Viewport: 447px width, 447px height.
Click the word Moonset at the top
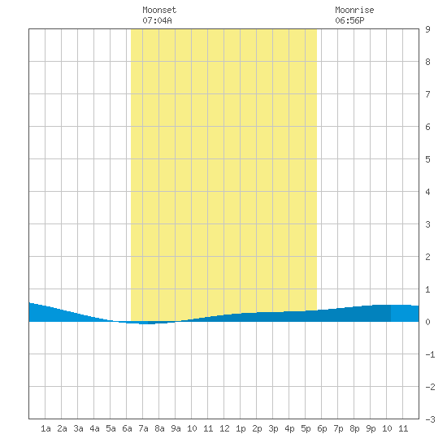click(x=159, y=10)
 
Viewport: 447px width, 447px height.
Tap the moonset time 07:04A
click(x=157, y=20)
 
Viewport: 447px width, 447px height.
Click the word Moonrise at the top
click(x=354, y=10)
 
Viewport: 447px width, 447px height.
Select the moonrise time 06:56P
click(x=349, y=20)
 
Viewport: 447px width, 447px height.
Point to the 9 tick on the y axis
click(x=427, y=29)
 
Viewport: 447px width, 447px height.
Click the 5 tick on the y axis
click(x=427, y=159)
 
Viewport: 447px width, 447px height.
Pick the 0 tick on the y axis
click(x=427, y=322)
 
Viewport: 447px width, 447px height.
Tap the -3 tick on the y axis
click(x=430, y=419)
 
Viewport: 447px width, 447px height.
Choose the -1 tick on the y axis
click(x=430, y=354)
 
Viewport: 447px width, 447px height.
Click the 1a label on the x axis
click(x=46, y=428)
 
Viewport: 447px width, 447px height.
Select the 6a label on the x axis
click(x=127, y=428)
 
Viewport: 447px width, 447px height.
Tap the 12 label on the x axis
click(x=224, y=428)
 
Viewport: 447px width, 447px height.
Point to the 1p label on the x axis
click(x=241, y=428)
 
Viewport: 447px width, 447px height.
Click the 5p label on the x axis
click(x=306, y=428)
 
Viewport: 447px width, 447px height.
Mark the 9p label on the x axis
click(x=371, y=428)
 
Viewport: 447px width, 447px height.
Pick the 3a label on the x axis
click(x=78, y=428)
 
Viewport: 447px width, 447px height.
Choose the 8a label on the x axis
click(x=159, y=428)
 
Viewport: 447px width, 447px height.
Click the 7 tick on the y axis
click(x=427, y=94)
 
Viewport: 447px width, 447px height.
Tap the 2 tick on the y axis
click(x=427, y=257)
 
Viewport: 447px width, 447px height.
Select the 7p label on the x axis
click(x=338, y=428)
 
